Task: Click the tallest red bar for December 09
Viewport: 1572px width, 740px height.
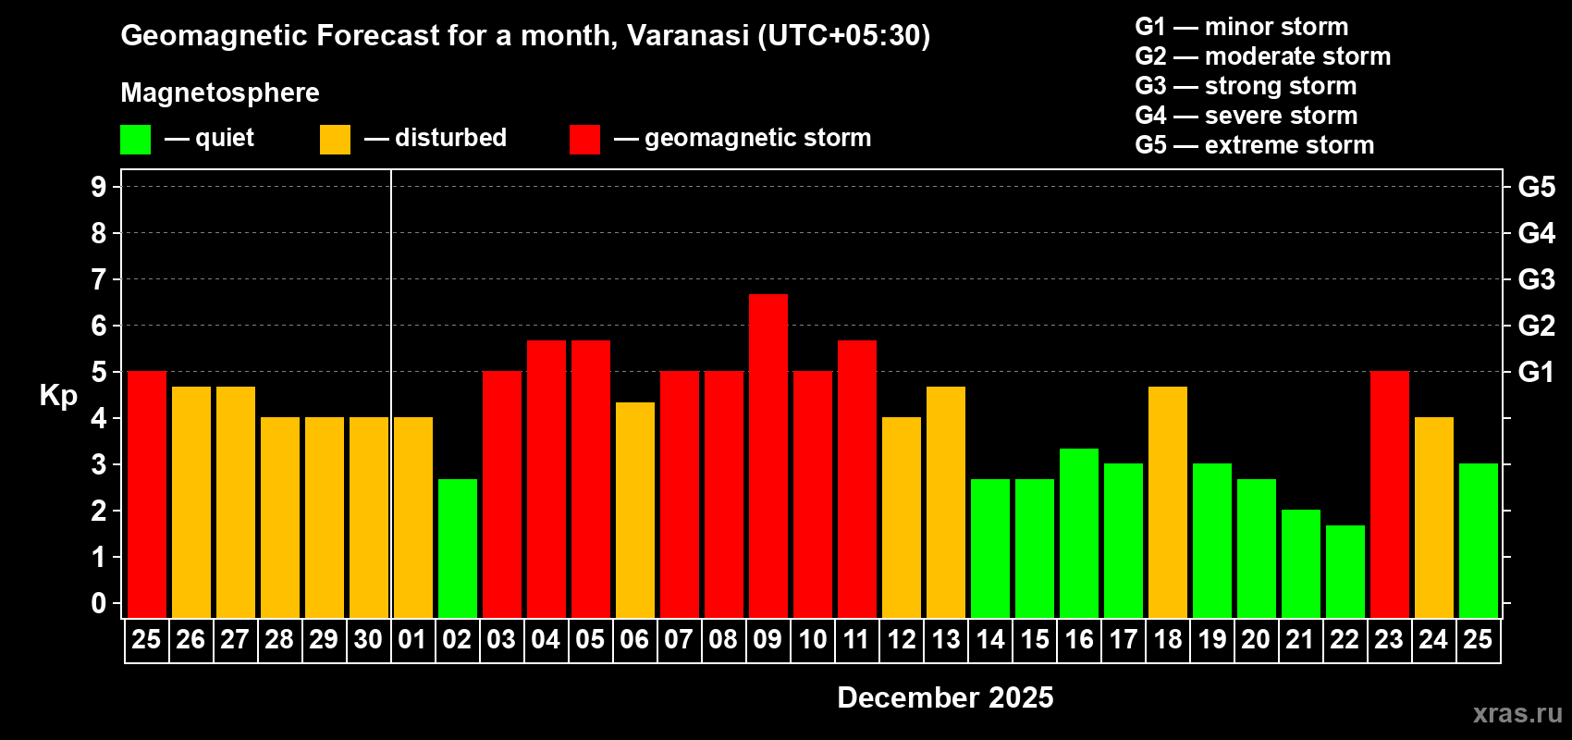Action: [x=768, y=455]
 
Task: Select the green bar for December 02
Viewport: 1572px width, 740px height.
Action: [x=457, y=548]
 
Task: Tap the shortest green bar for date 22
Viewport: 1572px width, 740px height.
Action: [x=1345, y=571]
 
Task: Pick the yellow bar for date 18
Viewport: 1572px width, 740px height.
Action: [x=1167, y=501]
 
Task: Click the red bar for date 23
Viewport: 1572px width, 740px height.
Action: [x=1389, y=494]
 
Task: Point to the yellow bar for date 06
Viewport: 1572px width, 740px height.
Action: [x=634, y=510]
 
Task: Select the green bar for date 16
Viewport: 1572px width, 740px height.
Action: [x=1078, y=533]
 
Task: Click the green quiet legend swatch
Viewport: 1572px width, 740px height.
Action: [x=135, y=140]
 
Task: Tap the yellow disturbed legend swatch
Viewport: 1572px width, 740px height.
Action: [x=335, y=140]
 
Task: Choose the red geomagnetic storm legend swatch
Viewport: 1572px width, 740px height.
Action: [x=584, y=140]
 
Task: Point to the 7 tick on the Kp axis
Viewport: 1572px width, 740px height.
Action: [x=99, y=279]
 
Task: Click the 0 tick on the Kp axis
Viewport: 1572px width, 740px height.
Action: [x=99, y=603]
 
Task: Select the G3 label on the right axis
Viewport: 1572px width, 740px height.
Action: [x=1536, y=279]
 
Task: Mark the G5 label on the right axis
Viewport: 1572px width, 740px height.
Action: [x=1536, y=187]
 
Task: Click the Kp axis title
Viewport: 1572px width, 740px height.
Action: [x=58, y=395]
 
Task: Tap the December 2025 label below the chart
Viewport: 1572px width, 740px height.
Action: [x=944, y=697]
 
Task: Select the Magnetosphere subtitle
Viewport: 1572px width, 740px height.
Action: [x=220, y=92]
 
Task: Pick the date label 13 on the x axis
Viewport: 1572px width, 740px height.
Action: [x=945, y=639]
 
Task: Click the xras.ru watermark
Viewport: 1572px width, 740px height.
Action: [x=1517, y=713]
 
